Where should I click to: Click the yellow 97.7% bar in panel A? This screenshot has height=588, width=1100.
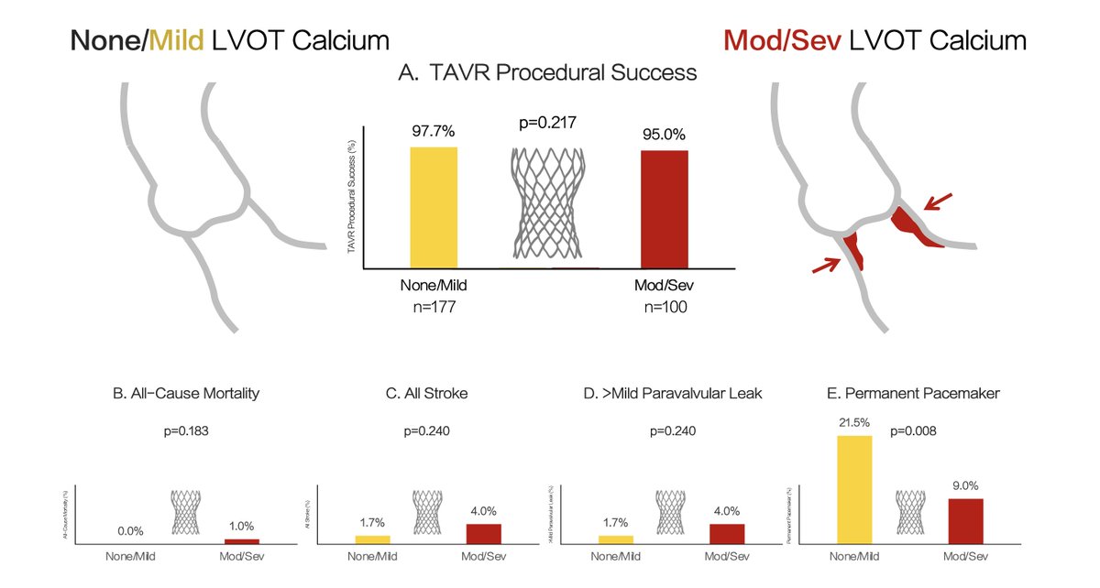[x=434, y=207]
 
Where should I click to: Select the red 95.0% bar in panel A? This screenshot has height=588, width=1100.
[x=665, y=209]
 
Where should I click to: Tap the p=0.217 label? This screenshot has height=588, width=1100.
[x=548, y=123]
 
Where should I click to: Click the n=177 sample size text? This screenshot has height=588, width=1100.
[x=434, y=308]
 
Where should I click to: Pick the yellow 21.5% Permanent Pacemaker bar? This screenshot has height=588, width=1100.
[x=854, y=490]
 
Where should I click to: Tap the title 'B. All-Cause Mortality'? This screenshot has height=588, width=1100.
[x=186, y=394]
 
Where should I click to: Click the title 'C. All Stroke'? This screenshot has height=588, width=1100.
[x=427, y=394]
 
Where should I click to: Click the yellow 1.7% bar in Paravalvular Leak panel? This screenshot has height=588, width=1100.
[x=615, y=539]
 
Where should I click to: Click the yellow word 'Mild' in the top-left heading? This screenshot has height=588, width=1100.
[x=180, y=40]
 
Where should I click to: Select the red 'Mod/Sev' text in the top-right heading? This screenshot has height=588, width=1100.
[x=781, y=40]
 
